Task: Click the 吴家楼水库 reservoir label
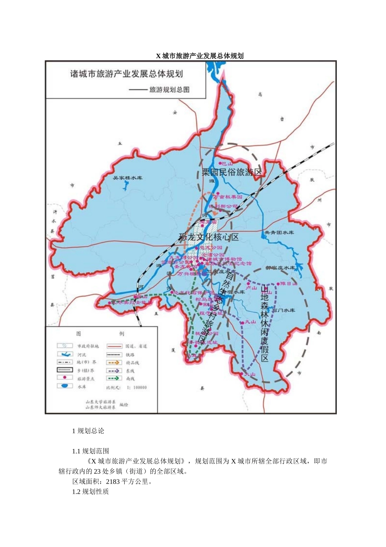pyautogui.click(x=127, y=178)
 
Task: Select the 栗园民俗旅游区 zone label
pyautogui.click(x=232, y=172)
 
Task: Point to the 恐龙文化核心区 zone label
pyautogui.click(x=208, y=237)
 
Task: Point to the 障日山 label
pyautogui.click(x=289, y=284)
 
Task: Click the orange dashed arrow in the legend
pyautogui.click(x=114, y=362)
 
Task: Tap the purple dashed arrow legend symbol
pyautogui.click(x=114, y=371)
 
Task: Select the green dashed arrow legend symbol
pyautogui.click(x=114, y=379)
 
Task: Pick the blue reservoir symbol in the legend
pyautogui.click(x=65, y=386)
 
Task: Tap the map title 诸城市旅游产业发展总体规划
pyautogui.click(x=126, y=74)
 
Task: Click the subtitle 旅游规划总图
pyautogui.click(x=169, y=90)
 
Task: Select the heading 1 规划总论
pyautogui.click(x=88, y=431)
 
